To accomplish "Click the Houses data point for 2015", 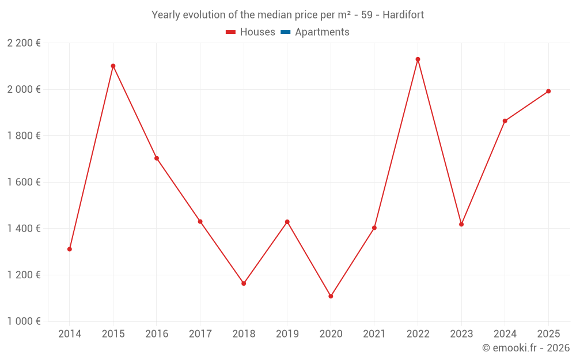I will point(113,66).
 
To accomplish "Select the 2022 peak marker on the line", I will point(418,59).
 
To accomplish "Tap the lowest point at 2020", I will point(331,296).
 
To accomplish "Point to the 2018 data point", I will point(244,283).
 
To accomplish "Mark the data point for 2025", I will point(548,91).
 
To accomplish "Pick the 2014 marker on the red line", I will point(70,249).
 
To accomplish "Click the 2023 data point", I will point(461,224).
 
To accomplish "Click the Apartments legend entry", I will point(322,32).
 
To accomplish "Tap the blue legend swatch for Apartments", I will point(285,32).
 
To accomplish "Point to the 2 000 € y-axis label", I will point(24,89).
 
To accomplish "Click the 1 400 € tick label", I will point(24,229).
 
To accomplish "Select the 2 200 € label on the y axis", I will point(24,43).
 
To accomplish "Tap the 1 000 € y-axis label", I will point(24,321).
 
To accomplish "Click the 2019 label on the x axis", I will point(287,334).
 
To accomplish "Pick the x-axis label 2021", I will point(374,334).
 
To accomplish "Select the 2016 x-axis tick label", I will point(157,334).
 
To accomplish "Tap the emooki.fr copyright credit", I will point(525,348).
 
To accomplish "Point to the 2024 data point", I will point(505,121).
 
